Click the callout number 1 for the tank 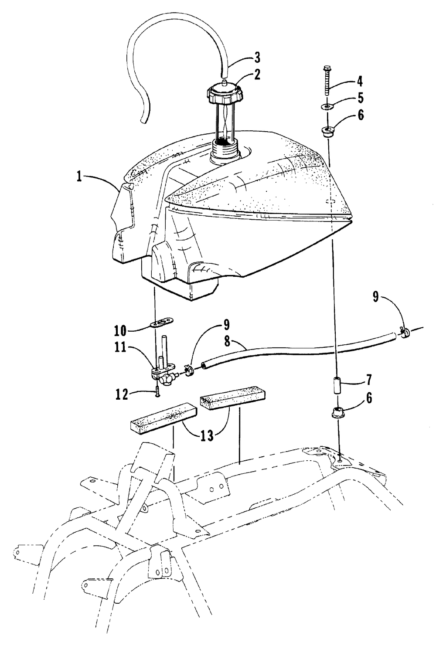(79, 177)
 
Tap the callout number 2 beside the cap (256, 75)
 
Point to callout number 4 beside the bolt (359, 82)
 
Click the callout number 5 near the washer (360, 98)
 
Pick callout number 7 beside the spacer (368, 380)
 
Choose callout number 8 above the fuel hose (227, 342)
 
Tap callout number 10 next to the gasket (120, 330)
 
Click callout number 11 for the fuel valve (120, 347)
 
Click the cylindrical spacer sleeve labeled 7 (338, 385)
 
